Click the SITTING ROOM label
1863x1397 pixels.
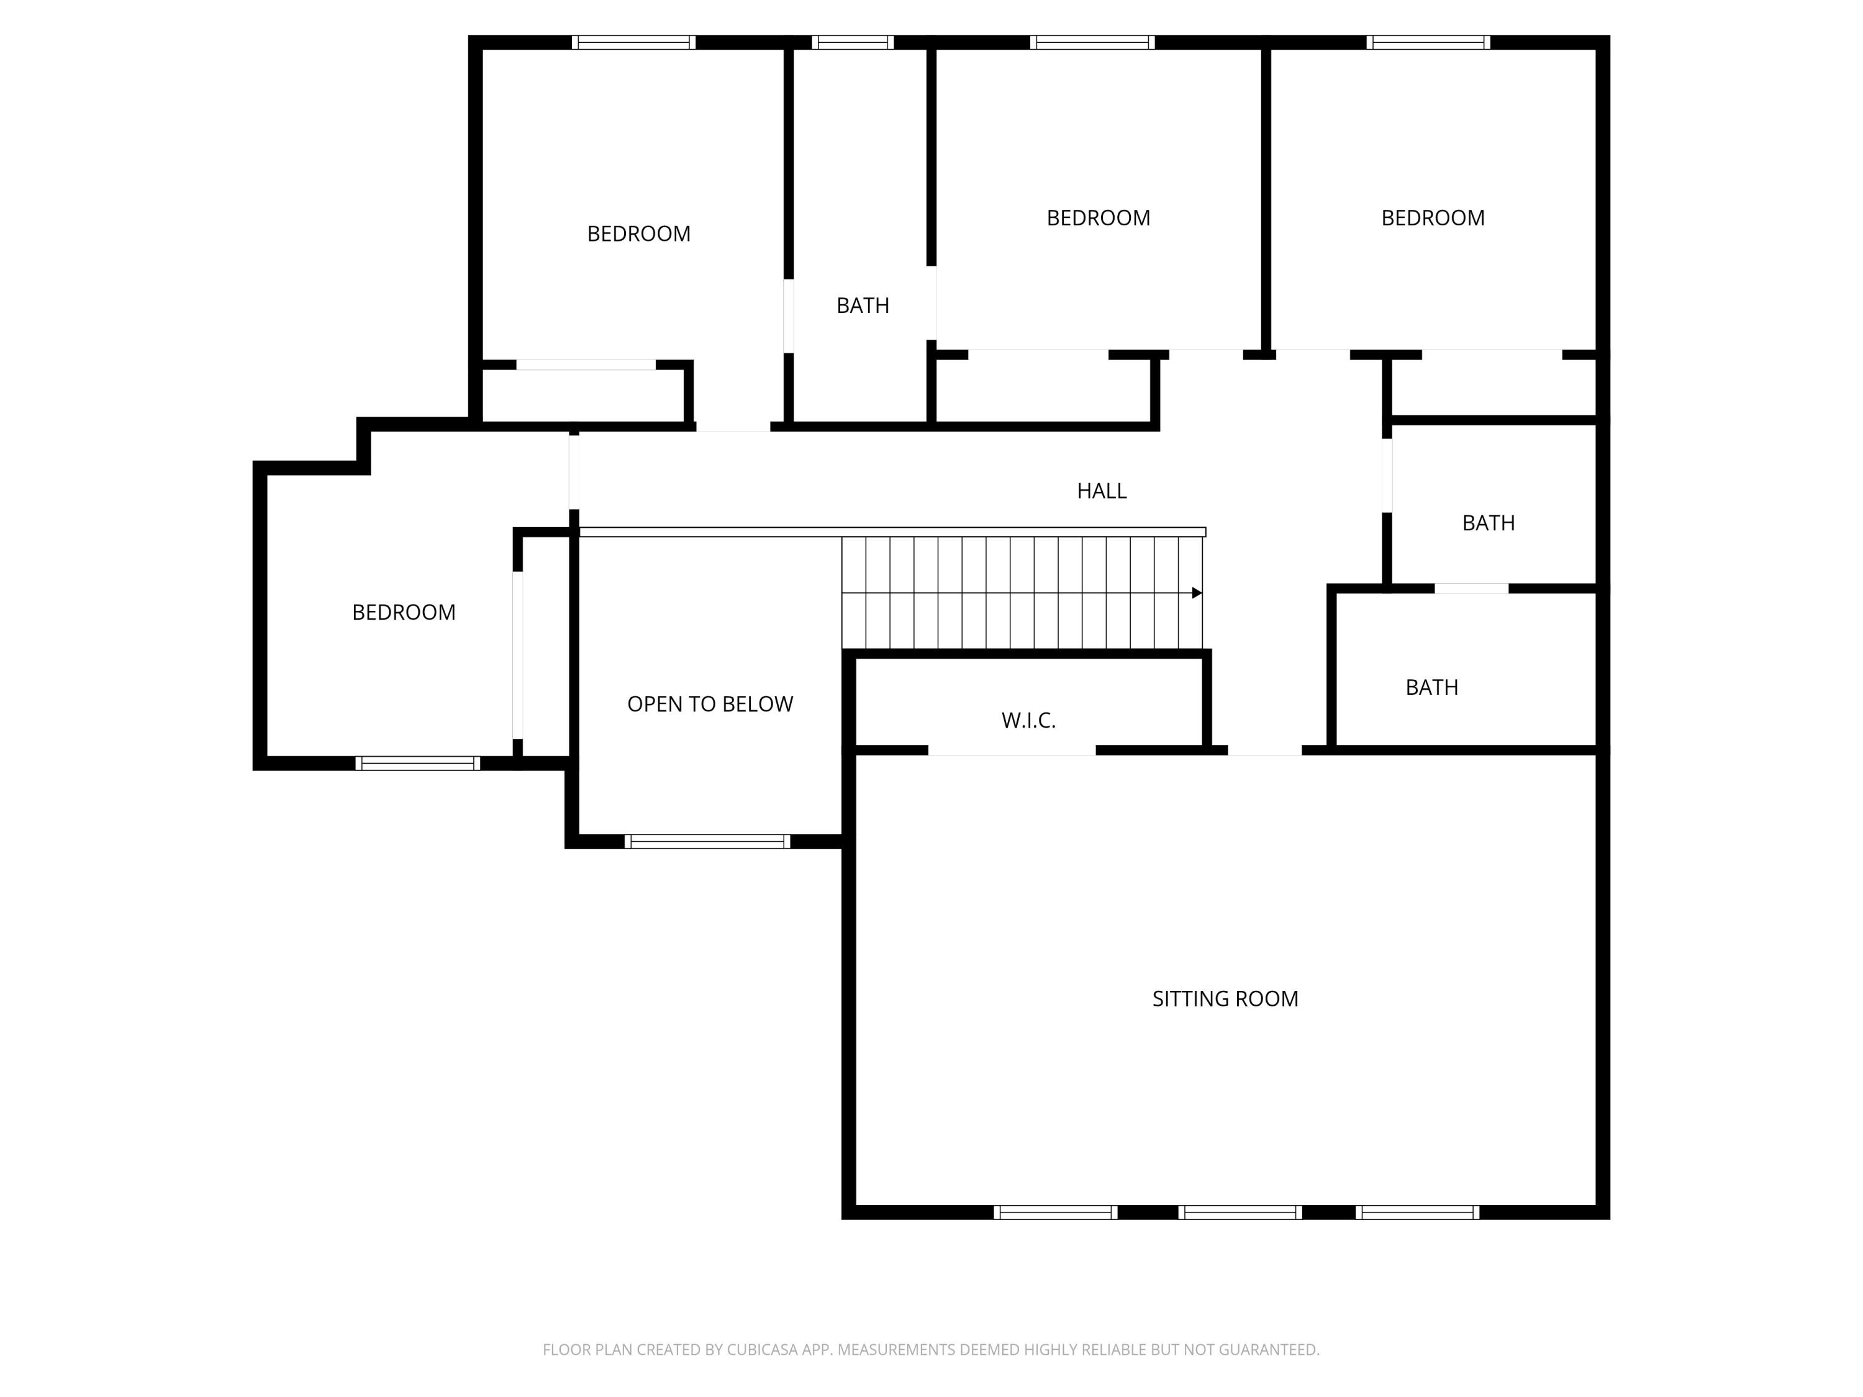(x=1225, y=998)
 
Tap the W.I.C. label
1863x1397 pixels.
(x=1028, y=721)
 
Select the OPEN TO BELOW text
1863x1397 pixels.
(x=710, y=704)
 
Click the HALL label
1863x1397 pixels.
(x=1101, y=491)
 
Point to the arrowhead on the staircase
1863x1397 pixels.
(x=1197, y=593)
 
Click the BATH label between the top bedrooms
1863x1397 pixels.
(x=863, y=305)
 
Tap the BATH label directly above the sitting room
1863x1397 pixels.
(x=1432, y=688)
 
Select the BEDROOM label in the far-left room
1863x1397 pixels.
(x=404, y=612)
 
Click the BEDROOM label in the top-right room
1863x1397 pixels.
(x=1433, y=218)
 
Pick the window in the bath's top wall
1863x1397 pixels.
(x=853, y=42)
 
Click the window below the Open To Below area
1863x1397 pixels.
(x=707, y=841)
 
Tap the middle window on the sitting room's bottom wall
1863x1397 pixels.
(x=1240, y=1213)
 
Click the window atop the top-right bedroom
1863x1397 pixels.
(x=1428, y=42)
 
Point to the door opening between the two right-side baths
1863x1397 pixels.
(x=1471, y=589)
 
